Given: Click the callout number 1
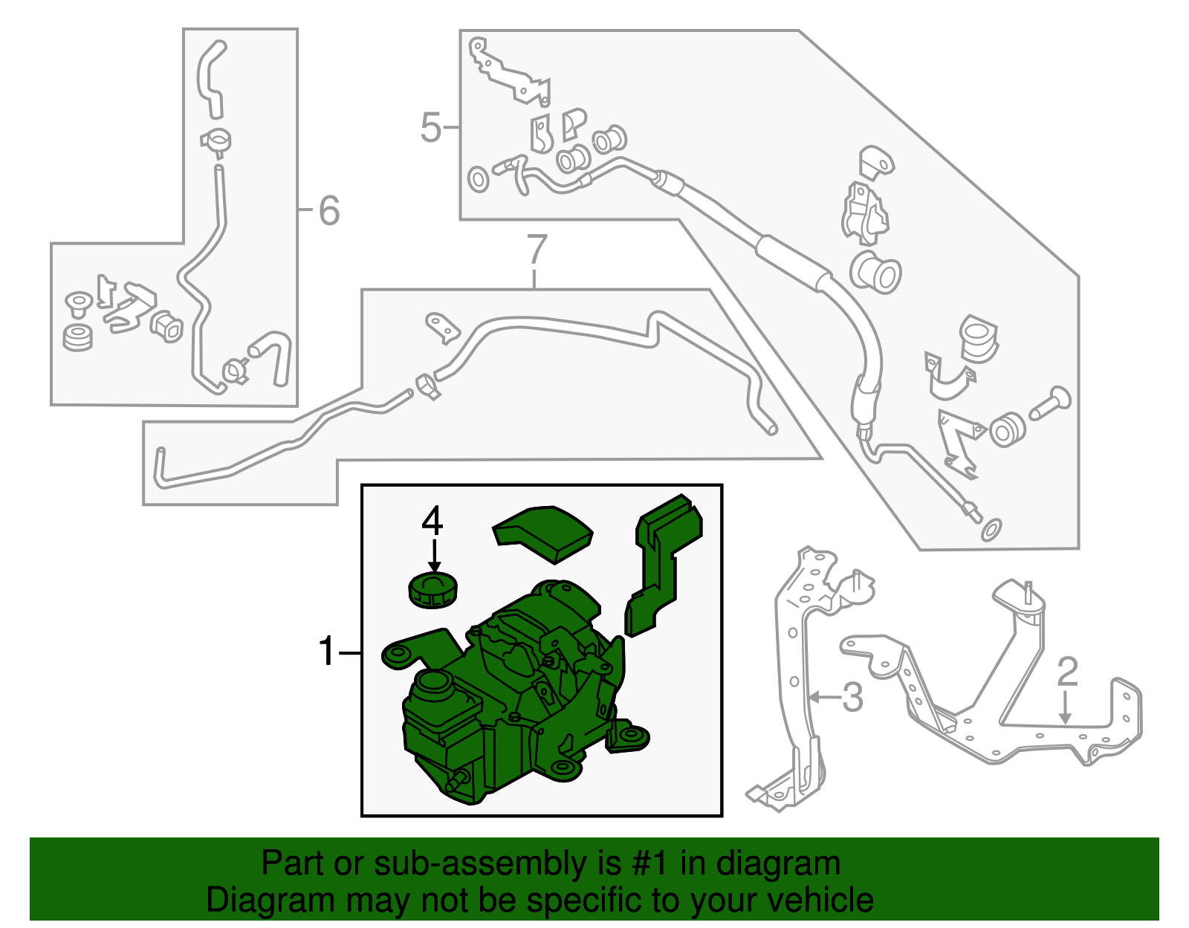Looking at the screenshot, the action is (327, 652).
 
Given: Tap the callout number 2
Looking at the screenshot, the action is (1067, 672).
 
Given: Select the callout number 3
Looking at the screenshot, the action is (852, 698).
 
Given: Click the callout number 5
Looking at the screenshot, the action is (430, 127).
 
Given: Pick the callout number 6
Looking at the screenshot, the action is (329, 210).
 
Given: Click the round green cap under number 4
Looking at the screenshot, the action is (432, 589).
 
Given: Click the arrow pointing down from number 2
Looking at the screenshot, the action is (1065, 708).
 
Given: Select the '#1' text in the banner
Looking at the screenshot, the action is (651, 863).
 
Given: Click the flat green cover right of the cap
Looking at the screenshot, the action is (542, 534).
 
